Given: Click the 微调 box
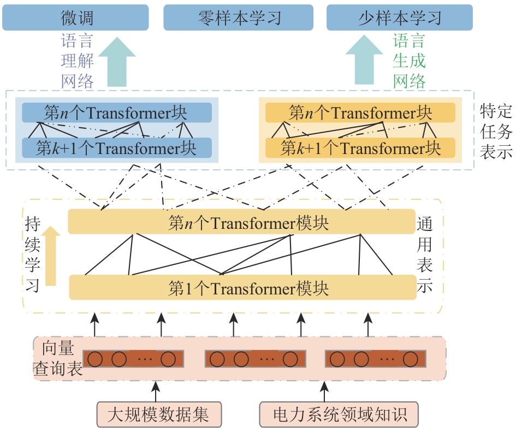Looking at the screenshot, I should [75, 17].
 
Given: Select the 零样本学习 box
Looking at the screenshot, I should [239, 17].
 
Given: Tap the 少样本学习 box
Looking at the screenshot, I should [399, 17].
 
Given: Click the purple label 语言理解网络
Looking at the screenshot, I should [77, 61].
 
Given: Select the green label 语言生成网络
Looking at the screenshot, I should [409, 61].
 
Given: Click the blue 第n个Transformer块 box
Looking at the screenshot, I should [116, 113].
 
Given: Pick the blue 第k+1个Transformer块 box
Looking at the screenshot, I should [116, 148].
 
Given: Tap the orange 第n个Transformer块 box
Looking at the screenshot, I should [360, 113].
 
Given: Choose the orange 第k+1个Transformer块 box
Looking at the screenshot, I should [360, 148].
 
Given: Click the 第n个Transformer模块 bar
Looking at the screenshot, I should [242, 223].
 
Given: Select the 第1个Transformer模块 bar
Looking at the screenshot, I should [242, 288].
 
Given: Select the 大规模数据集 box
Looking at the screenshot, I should [158, 415].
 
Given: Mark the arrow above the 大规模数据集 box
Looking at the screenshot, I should [157, 392].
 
